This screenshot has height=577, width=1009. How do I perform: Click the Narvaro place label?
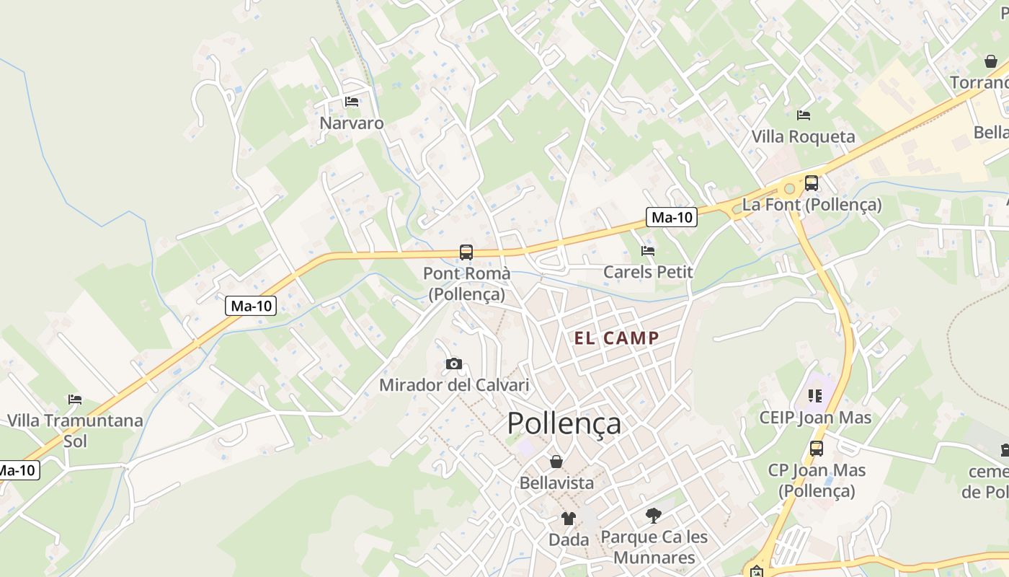352,123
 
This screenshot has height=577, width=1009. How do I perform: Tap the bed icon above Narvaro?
352,101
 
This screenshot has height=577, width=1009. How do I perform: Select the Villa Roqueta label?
803,136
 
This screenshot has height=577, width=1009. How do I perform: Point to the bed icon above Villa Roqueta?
804,115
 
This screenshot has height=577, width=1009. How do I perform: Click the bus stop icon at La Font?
812,183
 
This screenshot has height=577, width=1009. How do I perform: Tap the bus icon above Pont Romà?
466,252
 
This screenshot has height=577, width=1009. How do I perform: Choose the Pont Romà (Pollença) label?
466,283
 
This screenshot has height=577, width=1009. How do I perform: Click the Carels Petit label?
648,272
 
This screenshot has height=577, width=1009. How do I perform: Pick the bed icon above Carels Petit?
648,251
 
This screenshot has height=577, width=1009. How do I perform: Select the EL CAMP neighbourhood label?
616,338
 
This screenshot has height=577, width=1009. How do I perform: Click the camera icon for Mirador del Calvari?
454,364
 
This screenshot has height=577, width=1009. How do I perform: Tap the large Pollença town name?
564,423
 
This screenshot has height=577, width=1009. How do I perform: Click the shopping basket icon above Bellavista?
556,462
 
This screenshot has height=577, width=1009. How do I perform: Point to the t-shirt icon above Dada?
569,518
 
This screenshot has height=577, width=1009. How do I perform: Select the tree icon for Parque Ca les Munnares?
654,516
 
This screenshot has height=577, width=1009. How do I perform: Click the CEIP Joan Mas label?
815,418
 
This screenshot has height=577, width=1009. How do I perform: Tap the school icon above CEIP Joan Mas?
815,395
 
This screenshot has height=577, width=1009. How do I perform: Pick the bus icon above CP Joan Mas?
817,449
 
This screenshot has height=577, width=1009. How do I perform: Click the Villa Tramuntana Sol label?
75,430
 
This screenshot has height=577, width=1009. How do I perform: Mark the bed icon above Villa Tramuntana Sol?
75,399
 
